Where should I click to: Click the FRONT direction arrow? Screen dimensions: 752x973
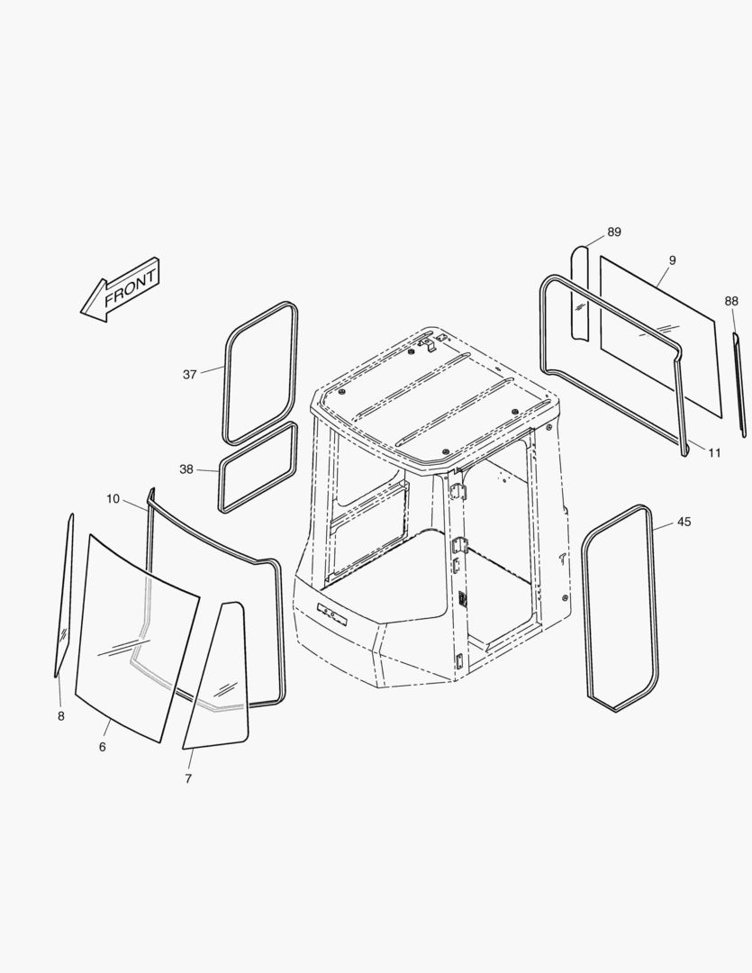tap(121, 289)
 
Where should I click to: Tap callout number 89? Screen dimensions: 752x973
tap(613, 232)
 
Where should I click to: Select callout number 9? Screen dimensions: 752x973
tap(673, 260)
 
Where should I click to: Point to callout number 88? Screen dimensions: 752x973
tap(731, 301)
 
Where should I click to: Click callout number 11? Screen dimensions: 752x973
tap(715, 453)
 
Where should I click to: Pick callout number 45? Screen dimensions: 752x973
tap(684, 522)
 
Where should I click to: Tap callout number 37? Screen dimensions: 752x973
tap(190, 374)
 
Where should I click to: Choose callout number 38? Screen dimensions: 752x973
tap(186, 469)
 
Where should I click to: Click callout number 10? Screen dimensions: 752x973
tap(113, 499)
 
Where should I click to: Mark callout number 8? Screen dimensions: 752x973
tap(61, 716)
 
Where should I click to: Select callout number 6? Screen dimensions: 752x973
tap(103, 747)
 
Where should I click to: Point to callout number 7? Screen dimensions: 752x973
tap(188, 778)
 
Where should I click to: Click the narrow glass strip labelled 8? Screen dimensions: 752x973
tap(65, 595)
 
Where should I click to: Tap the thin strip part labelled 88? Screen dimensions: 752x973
tap(739, 385)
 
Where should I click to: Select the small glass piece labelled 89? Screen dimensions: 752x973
tap(579, 293)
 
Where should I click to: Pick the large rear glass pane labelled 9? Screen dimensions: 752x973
tap(661, 336)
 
